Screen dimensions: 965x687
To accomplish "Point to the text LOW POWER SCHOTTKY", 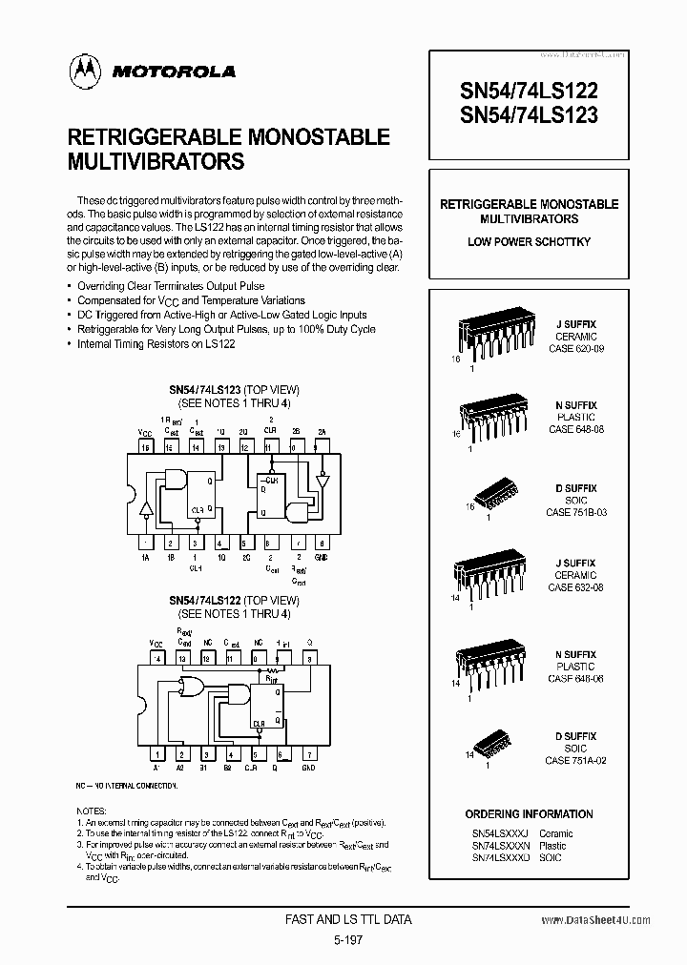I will point(529,242).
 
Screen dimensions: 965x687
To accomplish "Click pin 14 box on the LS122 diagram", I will point(157,657).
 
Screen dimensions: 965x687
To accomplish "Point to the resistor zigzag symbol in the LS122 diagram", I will point(271,680).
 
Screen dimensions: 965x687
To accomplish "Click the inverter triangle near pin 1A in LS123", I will point(146,508).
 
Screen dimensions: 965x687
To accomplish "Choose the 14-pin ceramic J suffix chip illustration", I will point(490,571).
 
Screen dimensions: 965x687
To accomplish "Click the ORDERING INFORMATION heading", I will point(529,813).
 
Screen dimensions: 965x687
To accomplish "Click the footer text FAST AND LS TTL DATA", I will point(348,920).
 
